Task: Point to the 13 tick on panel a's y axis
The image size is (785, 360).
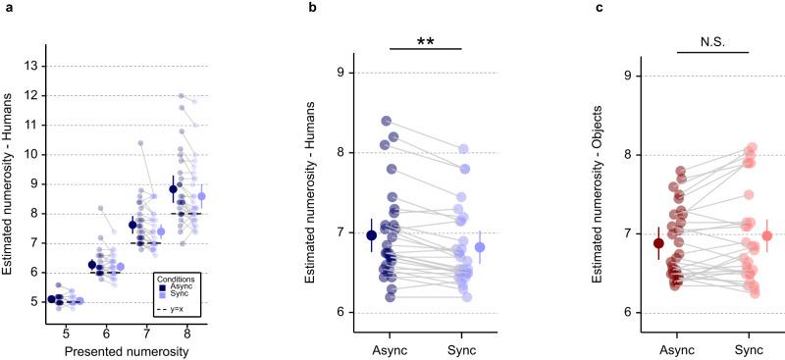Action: pos(36,66)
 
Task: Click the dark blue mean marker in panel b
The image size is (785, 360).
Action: pos(370,234)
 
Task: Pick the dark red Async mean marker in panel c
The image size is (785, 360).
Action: pos(658,243)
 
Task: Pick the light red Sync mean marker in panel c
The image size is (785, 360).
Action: pos(766,235)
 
